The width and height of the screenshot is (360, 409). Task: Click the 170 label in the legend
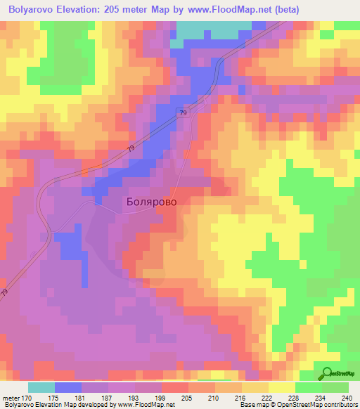(25, 398)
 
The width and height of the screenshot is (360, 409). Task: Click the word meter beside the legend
(10, 398)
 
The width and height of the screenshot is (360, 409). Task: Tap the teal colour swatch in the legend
(41, 387)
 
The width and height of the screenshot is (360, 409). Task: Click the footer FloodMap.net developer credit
(87, 405)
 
